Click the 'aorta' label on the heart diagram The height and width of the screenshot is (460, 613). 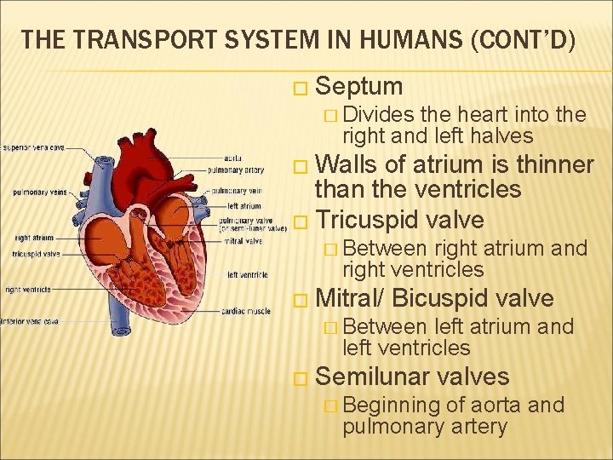pyautogui.click(x=232, y=158)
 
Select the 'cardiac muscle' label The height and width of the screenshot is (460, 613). pyautogui.click(x=247, y=311)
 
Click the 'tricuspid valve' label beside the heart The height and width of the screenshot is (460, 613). pyautogui.click(x=37, y=254)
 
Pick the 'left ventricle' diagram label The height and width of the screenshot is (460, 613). pyautogui.click(x=248, y=274)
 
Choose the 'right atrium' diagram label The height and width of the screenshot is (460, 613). pyautogui.click(x=34, y=238)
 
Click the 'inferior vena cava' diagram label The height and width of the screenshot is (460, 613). pyautogui.click(x=30, y=321)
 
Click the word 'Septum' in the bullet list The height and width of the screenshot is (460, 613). pyautogui.click(x=358, y=86)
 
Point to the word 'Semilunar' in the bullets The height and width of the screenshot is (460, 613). pyautogui.click(x=370, y=377)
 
